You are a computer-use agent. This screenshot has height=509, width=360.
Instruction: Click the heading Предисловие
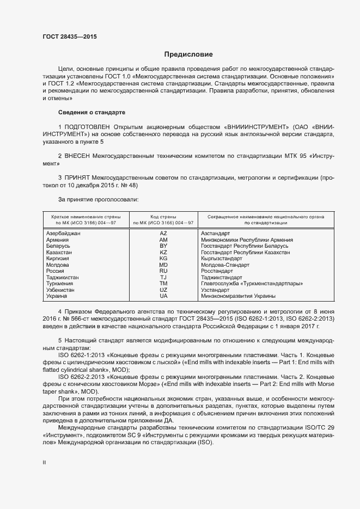188,54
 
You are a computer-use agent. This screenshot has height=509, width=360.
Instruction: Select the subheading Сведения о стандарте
91,112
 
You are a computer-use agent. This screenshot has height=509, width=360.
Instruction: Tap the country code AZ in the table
163,233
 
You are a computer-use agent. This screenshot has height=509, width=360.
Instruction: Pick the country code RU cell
163,271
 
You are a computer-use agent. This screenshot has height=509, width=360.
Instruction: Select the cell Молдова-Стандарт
225,265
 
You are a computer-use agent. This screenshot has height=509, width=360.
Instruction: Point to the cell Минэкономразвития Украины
237,296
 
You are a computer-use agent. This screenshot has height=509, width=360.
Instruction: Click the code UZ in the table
163,290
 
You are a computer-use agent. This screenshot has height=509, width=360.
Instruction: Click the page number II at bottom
45,462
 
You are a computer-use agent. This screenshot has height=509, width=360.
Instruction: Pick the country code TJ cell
163,277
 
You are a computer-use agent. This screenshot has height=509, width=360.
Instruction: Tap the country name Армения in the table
58,240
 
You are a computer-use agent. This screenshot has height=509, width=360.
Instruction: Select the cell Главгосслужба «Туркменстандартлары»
252,284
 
